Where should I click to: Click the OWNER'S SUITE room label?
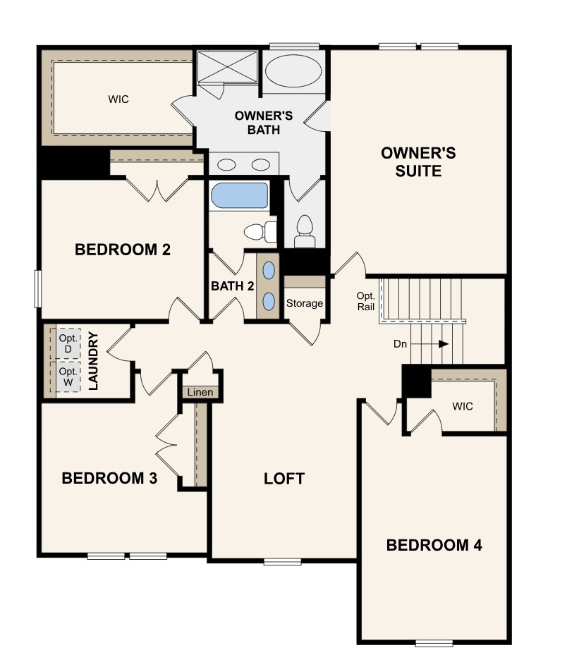click(x=418, y=162)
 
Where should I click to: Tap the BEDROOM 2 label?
click(x=123, y=250)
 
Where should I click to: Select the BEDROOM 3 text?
click(x=109, y=478)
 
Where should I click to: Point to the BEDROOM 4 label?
click(x=434, y=545)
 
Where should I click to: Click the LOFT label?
click(x=284, y=479)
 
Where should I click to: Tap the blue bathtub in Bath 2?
click(x=240, y=195)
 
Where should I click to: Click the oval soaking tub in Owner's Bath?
click(x=293, y=71)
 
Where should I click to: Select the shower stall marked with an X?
click(x=228, y=66)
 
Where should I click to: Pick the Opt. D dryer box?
click(x=68, y=343)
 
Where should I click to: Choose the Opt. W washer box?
click(x=68, y=377)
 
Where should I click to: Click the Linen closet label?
click(x=200, y=392)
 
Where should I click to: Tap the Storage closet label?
click(x=305, y=303)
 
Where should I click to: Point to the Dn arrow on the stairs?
click(x=429, y=343)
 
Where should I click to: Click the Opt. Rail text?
click(x=366, y=301)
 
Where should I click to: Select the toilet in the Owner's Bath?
click(x=305, y=231)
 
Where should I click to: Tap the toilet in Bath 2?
click(x=260, y=232)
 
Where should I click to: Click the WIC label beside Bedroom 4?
click(x=463, y=406)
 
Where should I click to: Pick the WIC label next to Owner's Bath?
click(x=118, y=99)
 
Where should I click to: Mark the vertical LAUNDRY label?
click(x=93, y=361)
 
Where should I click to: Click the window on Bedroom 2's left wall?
click(x=38, y=288)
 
